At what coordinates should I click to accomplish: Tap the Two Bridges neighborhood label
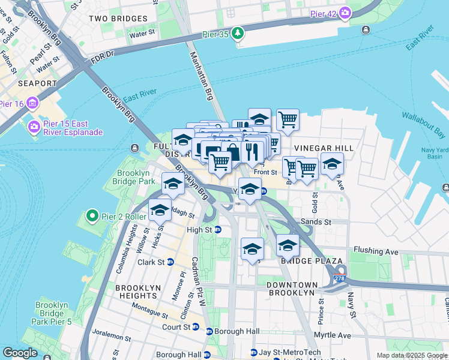click(118, 19)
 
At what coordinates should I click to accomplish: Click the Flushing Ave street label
click(376, 250)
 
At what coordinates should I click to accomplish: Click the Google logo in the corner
click(20, 353)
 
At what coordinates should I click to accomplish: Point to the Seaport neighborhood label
click(20, 83)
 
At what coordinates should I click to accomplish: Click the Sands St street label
click(316, 222)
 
